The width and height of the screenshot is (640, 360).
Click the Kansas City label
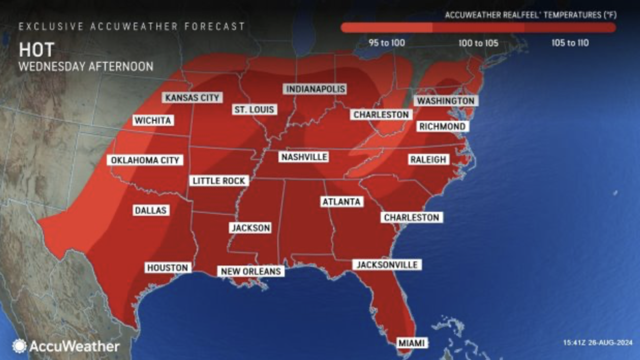pos(192,97)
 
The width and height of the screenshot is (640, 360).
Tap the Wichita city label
pos(153,121)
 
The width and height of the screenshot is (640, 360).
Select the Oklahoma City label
pos(145,160)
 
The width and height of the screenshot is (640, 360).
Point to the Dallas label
pos(151,210)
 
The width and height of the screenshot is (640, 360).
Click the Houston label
pos(168,267)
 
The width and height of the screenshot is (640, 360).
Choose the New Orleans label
pos(251,271)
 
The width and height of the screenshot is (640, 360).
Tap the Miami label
pos(412,343)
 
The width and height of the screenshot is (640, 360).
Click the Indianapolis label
pos(315,89)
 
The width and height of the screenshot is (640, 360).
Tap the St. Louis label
pos(254,110)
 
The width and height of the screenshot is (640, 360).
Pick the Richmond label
pos(442,127)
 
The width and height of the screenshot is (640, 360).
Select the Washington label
pos(445,101)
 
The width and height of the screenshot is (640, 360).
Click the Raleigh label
pos(428,160)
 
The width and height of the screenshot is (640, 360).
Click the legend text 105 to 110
pos(570,43)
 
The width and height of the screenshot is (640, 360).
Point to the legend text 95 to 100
pos(387,43)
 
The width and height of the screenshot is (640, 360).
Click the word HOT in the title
pos(36,50)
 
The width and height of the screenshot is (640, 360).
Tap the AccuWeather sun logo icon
pos(20,346)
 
